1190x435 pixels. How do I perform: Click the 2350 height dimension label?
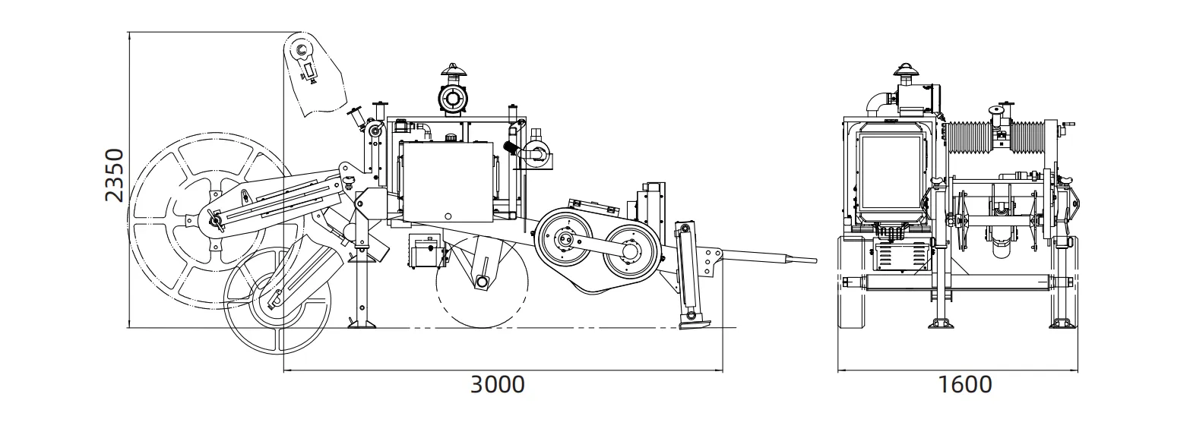coord(115,175)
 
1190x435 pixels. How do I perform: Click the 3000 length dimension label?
coord(498,385)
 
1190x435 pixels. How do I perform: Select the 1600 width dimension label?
coord(965,385)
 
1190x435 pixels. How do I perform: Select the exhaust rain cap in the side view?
coord(453,70)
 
